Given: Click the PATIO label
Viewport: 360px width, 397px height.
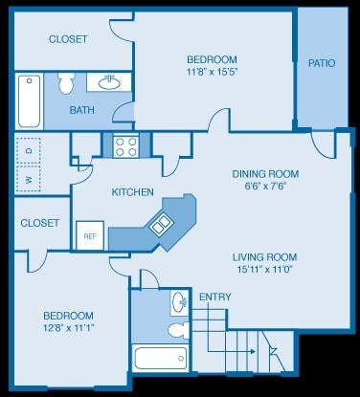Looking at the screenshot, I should tap(321, 64).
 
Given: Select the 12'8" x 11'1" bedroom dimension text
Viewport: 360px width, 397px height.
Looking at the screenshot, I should tap(67, 328).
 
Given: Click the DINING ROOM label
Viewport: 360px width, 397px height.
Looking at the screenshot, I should tap(265, 174).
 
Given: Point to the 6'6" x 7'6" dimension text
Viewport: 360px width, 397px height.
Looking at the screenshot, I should tap(265, 187).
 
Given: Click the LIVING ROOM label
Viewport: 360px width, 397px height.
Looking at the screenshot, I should tap(264, 257).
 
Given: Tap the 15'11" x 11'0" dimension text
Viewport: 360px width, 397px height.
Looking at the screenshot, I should tap(264, 271).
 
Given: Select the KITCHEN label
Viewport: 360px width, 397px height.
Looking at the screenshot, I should tap(133, 192).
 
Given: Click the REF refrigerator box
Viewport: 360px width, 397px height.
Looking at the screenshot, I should tap(90, 235).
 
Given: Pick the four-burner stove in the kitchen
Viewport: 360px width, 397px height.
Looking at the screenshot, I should tap(126, 145).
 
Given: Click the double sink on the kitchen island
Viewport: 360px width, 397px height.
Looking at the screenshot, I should tap(159, 226).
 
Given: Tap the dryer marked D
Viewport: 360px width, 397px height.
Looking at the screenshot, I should tap(29, 150).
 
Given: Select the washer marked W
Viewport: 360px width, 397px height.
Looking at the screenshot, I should tap(29, 179).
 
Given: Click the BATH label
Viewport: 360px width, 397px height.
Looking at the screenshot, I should tap(81, 110).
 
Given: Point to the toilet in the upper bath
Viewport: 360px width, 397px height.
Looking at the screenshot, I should tap(66, 85).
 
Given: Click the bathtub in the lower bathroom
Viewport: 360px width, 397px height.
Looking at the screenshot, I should tap(161, 359).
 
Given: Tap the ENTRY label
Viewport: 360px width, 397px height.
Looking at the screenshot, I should tap(214, 297).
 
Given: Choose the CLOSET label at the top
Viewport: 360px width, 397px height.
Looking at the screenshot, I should tap(68, 39).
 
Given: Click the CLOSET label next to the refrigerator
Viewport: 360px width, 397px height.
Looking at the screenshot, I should tap(39, 223).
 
